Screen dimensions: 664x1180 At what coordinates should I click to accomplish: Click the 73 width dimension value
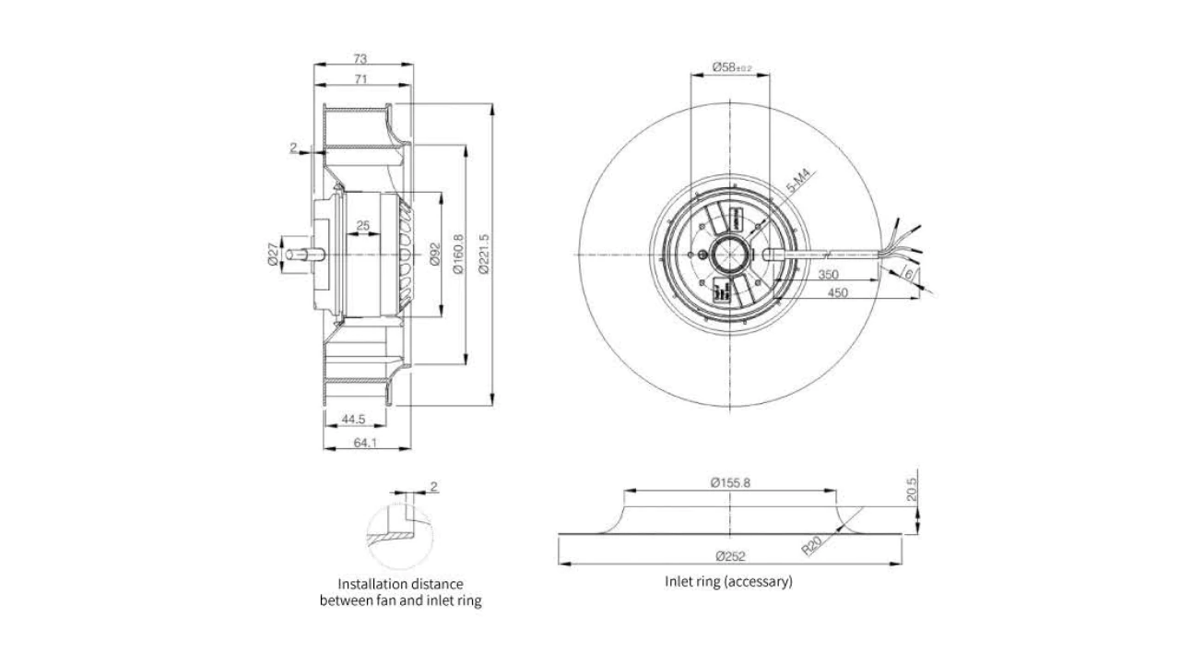click(360, 58)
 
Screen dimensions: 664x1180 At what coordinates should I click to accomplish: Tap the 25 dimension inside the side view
click(362, 226)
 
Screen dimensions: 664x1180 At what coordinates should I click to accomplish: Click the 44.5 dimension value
click(354, 420)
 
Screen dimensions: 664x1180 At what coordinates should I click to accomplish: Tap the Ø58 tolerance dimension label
click(732, 67)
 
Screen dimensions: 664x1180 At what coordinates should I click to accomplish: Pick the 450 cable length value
click(837, 293)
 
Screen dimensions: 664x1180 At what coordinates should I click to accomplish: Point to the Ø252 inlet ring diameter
click(729, 556)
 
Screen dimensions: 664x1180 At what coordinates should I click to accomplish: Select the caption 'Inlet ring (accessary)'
click(728, 582)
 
